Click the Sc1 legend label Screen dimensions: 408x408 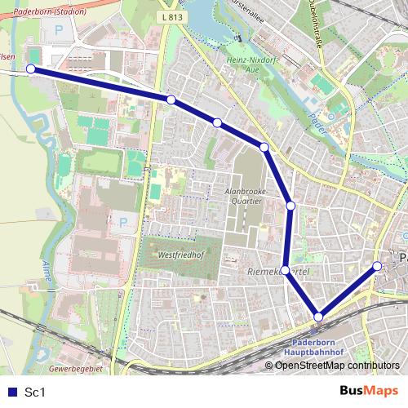pos(34,392)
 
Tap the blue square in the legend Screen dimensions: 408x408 pos(11,392)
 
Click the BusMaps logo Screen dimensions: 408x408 pos(370,392)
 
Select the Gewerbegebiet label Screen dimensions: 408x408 pos(75,369)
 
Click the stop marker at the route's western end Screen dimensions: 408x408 pos(31,69)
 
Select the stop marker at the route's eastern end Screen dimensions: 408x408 pos(377,266)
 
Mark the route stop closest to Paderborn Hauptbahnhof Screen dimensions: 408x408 pos(318,317)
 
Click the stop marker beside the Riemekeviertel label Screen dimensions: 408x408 pos(285,270)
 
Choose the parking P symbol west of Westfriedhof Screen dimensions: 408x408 pos(123,221)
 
